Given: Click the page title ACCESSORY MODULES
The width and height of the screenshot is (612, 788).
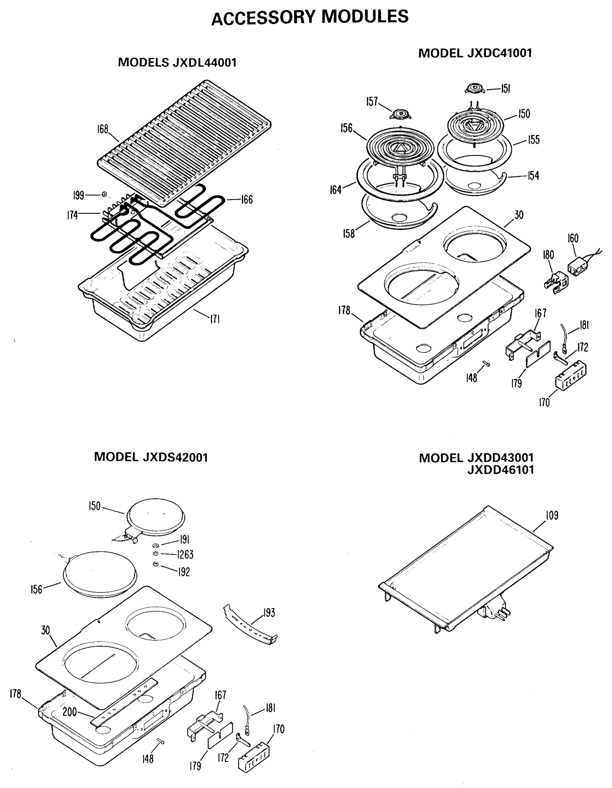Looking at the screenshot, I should [310, 17].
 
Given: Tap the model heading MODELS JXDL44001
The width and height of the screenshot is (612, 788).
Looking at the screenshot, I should [177, 62].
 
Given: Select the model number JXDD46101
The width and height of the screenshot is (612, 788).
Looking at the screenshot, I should [500, 470].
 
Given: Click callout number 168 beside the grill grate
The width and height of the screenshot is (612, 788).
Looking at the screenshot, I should [103, 129].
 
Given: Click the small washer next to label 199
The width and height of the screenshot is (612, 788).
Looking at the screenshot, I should [105, 194].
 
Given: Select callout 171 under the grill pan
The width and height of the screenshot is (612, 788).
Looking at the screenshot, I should [215, 319].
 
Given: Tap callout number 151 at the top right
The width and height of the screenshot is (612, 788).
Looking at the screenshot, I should [506, 89].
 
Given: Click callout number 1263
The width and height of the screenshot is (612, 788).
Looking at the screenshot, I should [185, 555].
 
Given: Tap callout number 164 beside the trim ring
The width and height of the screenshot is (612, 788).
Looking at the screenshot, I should [336, 190].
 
